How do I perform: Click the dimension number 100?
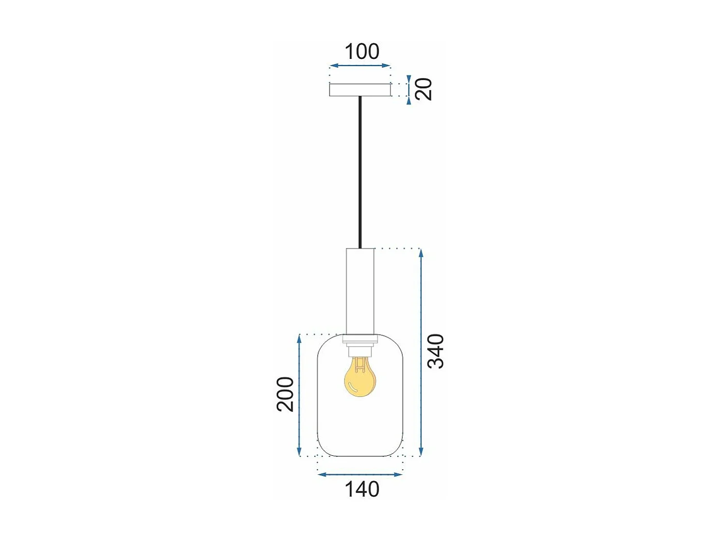coord(362,52)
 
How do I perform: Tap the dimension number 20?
coord(424,89)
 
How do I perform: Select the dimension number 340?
coord(436,351)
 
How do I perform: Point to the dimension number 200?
coord(286,394)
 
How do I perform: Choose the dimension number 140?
coord(362,489)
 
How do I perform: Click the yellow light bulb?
coord(359,378)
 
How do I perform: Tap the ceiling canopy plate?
coord(360,90)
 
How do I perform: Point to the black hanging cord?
coord(360,171)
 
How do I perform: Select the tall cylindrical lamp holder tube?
coord(360,289)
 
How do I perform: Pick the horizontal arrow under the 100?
coord(360,66)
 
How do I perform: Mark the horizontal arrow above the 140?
coord(360,474)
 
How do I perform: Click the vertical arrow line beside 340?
coord(421,351)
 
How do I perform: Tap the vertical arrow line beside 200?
coord(300,395)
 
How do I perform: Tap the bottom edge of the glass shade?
coord(360,456)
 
